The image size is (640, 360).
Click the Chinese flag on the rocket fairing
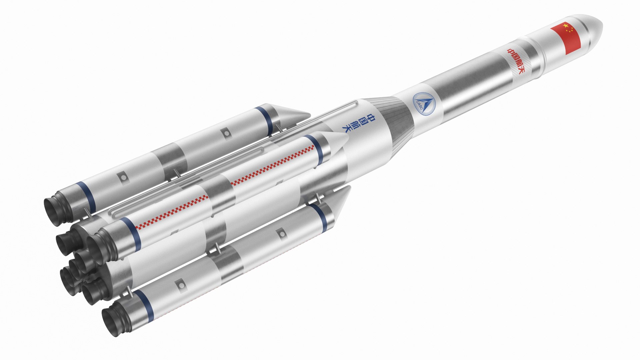click(566, 39)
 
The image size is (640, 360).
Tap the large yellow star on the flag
click(565, 26)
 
